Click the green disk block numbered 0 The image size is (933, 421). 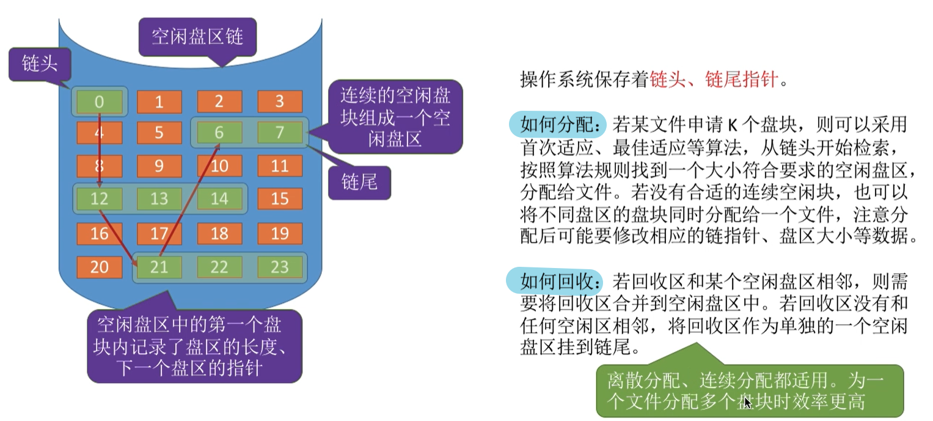coord(100,102)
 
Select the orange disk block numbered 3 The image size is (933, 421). coord(279,102)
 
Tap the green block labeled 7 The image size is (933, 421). coord(279,132)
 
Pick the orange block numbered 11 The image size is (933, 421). coord(279,165)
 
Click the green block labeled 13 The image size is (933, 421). coord(159,198)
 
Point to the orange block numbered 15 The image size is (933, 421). coord(279,198)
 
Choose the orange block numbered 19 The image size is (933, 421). coord(279,233)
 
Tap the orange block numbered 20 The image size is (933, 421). coord(100,267)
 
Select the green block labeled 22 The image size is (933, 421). coord(219,267)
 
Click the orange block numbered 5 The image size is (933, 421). coord(159,132)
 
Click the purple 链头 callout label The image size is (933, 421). coord(40,64)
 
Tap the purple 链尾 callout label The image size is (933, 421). coord(359,181)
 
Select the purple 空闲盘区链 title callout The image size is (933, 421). coord(197,37)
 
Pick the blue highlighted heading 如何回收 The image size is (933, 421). coord(555,281)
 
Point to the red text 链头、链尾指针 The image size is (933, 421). coord(714,80)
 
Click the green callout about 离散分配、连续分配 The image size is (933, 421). coord(748,390)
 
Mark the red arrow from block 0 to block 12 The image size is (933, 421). coord(100,150)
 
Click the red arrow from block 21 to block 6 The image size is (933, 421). coord(189,199)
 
